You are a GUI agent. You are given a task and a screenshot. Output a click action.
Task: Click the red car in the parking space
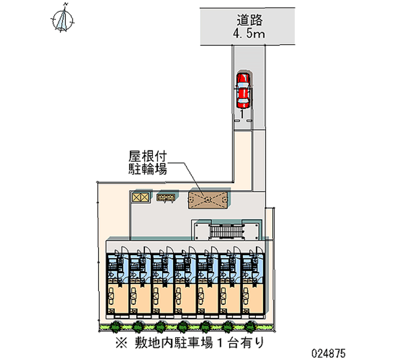coord(243,90)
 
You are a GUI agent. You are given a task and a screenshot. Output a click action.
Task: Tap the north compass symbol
coord(62,20)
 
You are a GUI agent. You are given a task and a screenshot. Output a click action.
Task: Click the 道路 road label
coord(248,21)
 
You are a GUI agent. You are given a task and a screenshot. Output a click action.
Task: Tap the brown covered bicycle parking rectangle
coord(207,199)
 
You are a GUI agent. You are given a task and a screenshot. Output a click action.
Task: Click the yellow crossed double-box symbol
coord(140,197)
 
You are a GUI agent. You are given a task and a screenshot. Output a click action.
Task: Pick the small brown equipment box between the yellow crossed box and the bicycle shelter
coord(165,198)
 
